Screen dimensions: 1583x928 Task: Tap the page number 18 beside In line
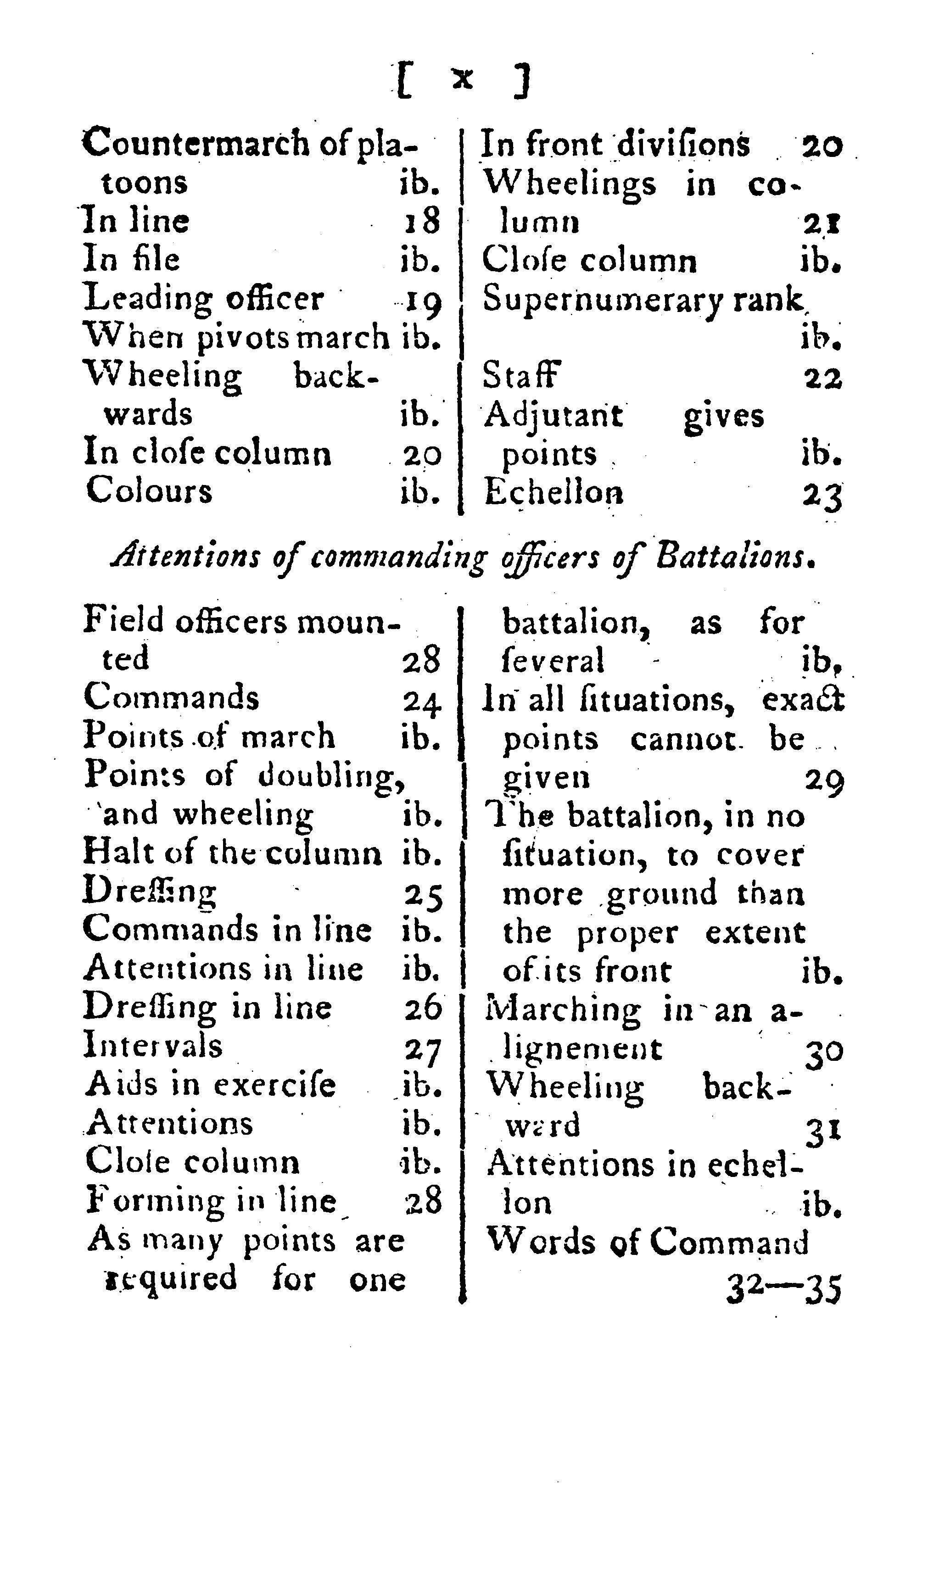pyautogui.click(x=421, y=221)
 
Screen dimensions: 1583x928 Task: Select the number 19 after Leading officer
pyautogui.click(x=423, y=300)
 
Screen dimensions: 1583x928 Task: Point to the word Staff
pyautogui.click(x=521, y=376)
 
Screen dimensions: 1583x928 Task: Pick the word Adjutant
pyautogui.click(x=553, y=417)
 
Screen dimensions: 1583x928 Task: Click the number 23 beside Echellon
pyautogui.click(x=822, y=494)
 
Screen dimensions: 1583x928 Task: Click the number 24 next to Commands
pyautogui.click(x=422, y=701)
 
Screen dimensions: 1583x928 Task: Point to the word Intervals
pyautogui.click(x=153, y=1047)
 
